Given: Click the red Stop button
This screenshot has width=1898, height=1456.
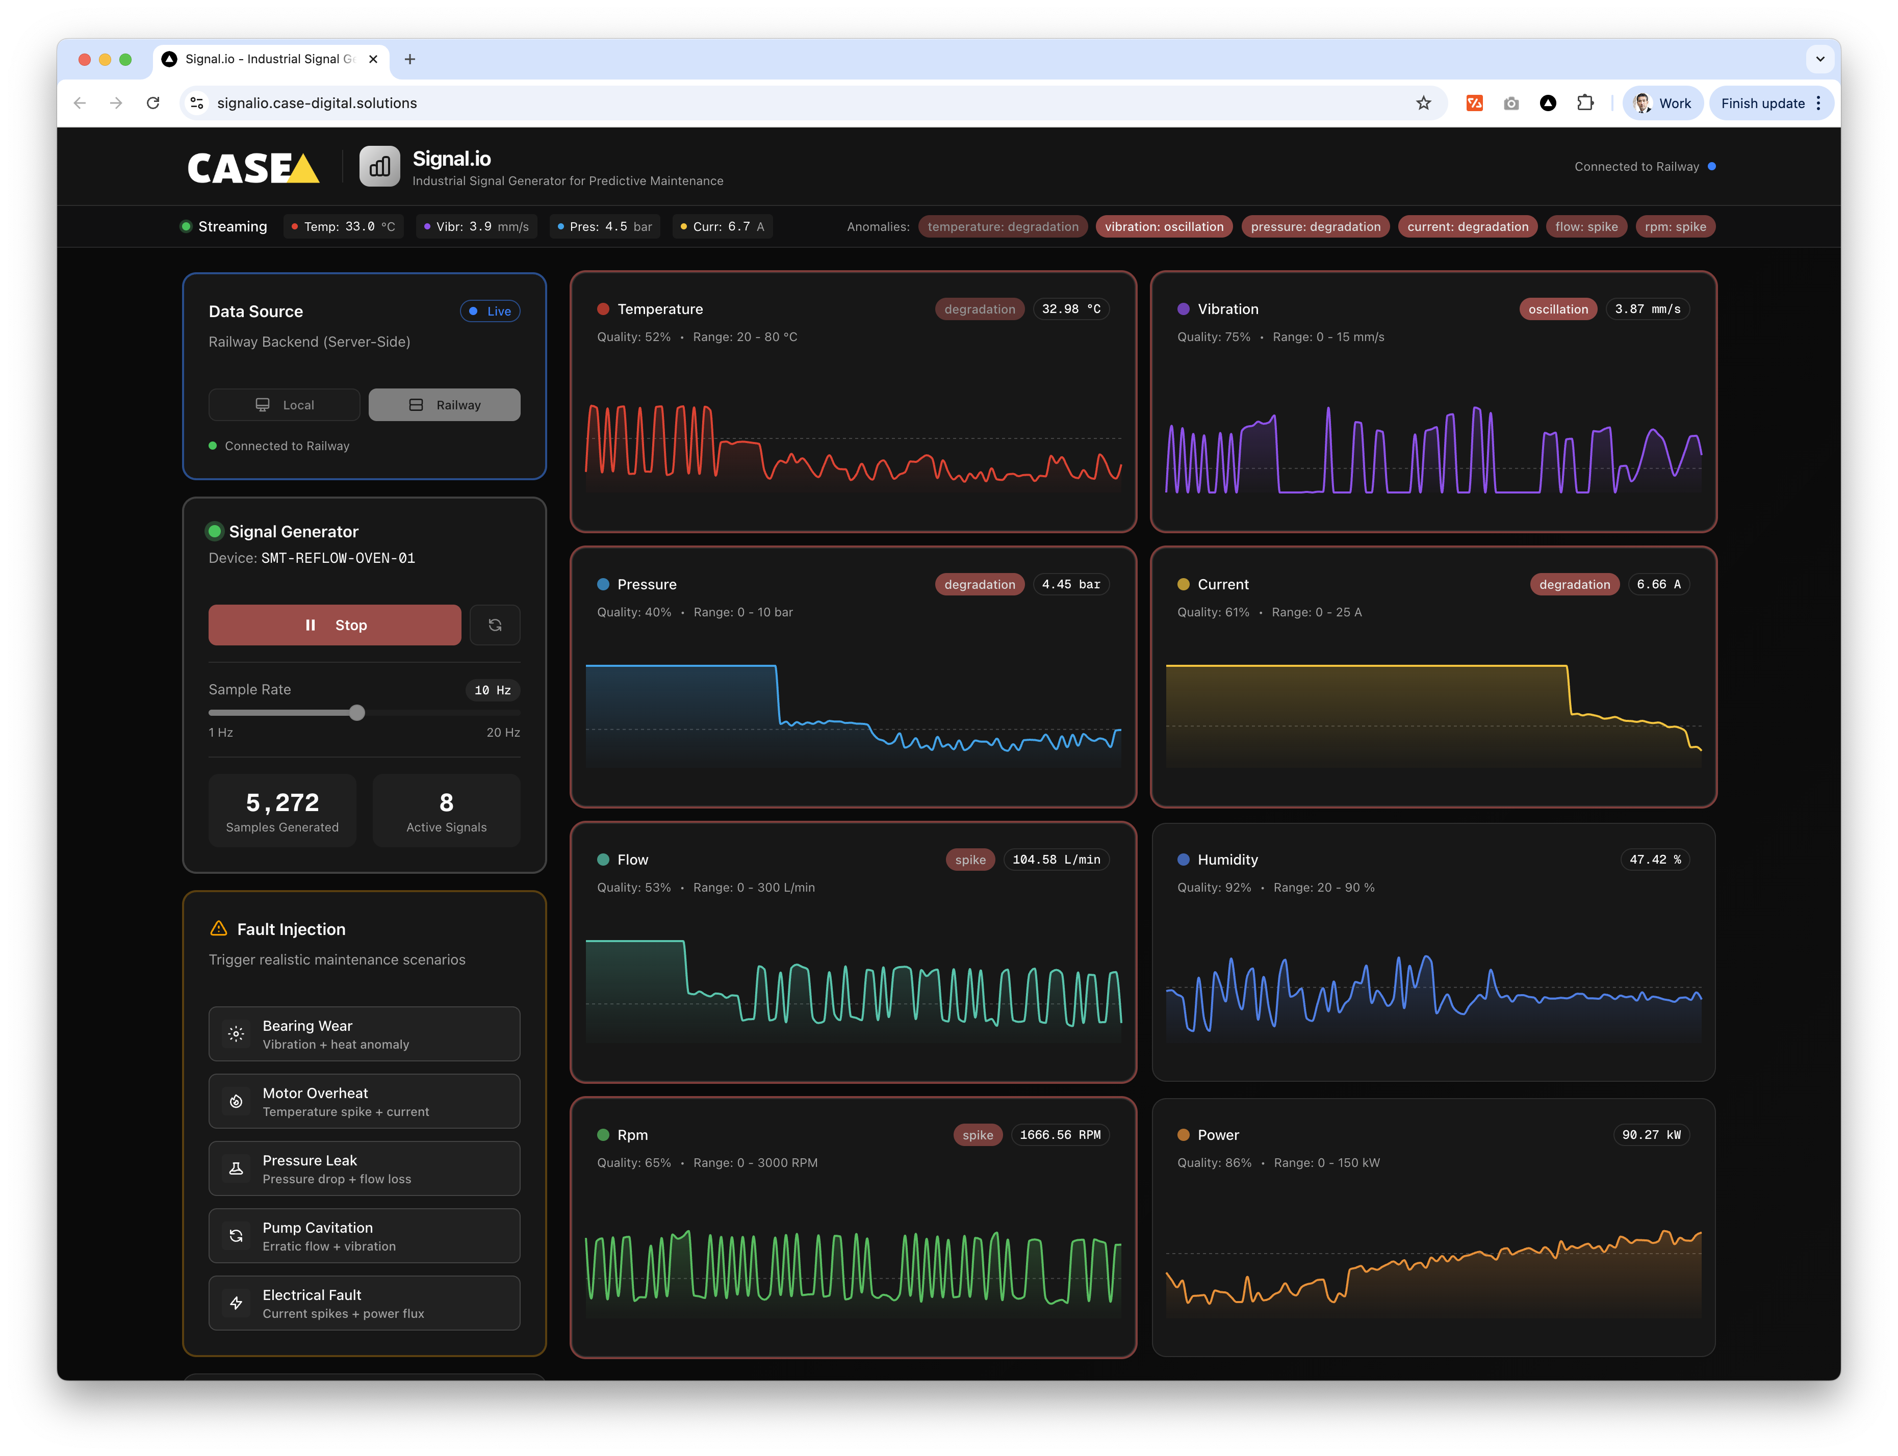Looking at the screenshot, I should (x=335, y=625).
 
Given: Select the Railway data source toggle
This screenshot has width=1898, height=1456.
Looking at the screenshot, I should (x=445, y=405).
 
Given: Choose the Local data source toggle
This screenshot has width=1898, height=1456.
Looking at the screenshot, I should (x=284, y=405).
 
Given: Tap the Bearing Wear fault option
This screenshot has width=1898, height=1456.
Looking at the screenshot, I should (x=364, y=1034).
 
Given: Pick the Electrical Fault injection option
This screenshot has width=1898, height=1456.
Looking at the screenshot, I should (x=364, y=1303).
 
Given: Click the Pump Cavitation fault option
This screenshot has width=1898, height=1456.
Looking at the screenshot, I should (x=364, y=1236).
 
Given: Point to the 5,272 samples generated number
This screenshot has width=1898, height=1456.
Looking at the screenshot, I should (x=283, y=802).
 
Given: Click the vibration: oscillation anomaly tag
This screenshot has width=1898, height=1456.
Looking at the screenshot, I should (x=1164, y=227).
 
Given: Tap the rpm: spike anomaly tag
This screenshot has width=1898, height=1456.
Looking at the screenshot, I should (x=1675, y=227).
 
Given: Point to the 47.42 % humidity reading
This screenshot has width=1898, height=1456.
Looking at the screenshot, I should (x=1654, y=860).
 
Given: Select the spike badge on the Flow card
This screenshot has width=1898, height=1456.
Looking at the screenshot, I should (x=970, y=860).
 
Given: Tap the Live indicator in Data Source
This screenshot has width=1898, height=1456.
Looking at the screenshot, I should (x=491, y=311).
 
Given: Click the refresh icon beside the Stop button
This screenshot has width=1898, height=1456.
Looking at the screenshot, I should (x=495, y=625).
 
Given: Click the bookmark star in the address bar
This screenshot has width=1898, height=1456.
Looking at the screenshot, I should (x=1423, y=103).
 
